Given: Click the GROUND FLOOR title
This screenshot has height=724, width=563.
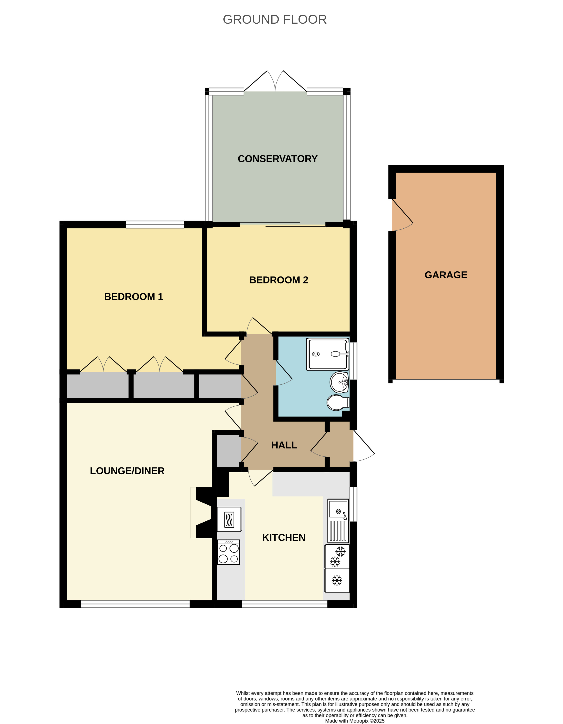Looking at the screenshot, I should [x=274, y=20].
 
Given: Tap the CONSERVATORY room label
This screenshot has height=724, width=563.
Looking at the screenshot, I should [x=277, y=159].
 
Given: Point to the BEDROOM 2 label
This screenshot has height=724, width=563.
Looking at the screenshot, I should [x=279, y=280].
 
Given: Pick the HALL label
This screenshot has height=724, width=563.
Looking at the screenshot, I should [x=284, y=445].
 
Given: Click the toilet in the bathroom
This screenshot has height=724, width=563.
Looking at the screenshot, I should [x=337, y=403].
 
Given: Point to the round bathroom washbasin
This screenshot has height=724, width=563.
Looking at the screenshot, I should [x=339, y=382].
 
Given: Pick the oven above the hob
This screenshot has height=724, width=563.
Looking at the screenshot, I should [x=229, y=519].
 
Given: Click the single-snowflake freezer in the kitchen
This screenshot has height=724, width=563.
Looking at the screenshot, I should [x=337, y=580].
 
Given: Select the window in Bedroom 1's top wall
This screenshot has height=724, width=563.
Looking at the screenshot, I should [x=155, y=224].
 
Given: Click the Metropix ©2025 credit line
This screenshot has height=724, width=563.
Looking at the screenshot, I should [x=355, y=721].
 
